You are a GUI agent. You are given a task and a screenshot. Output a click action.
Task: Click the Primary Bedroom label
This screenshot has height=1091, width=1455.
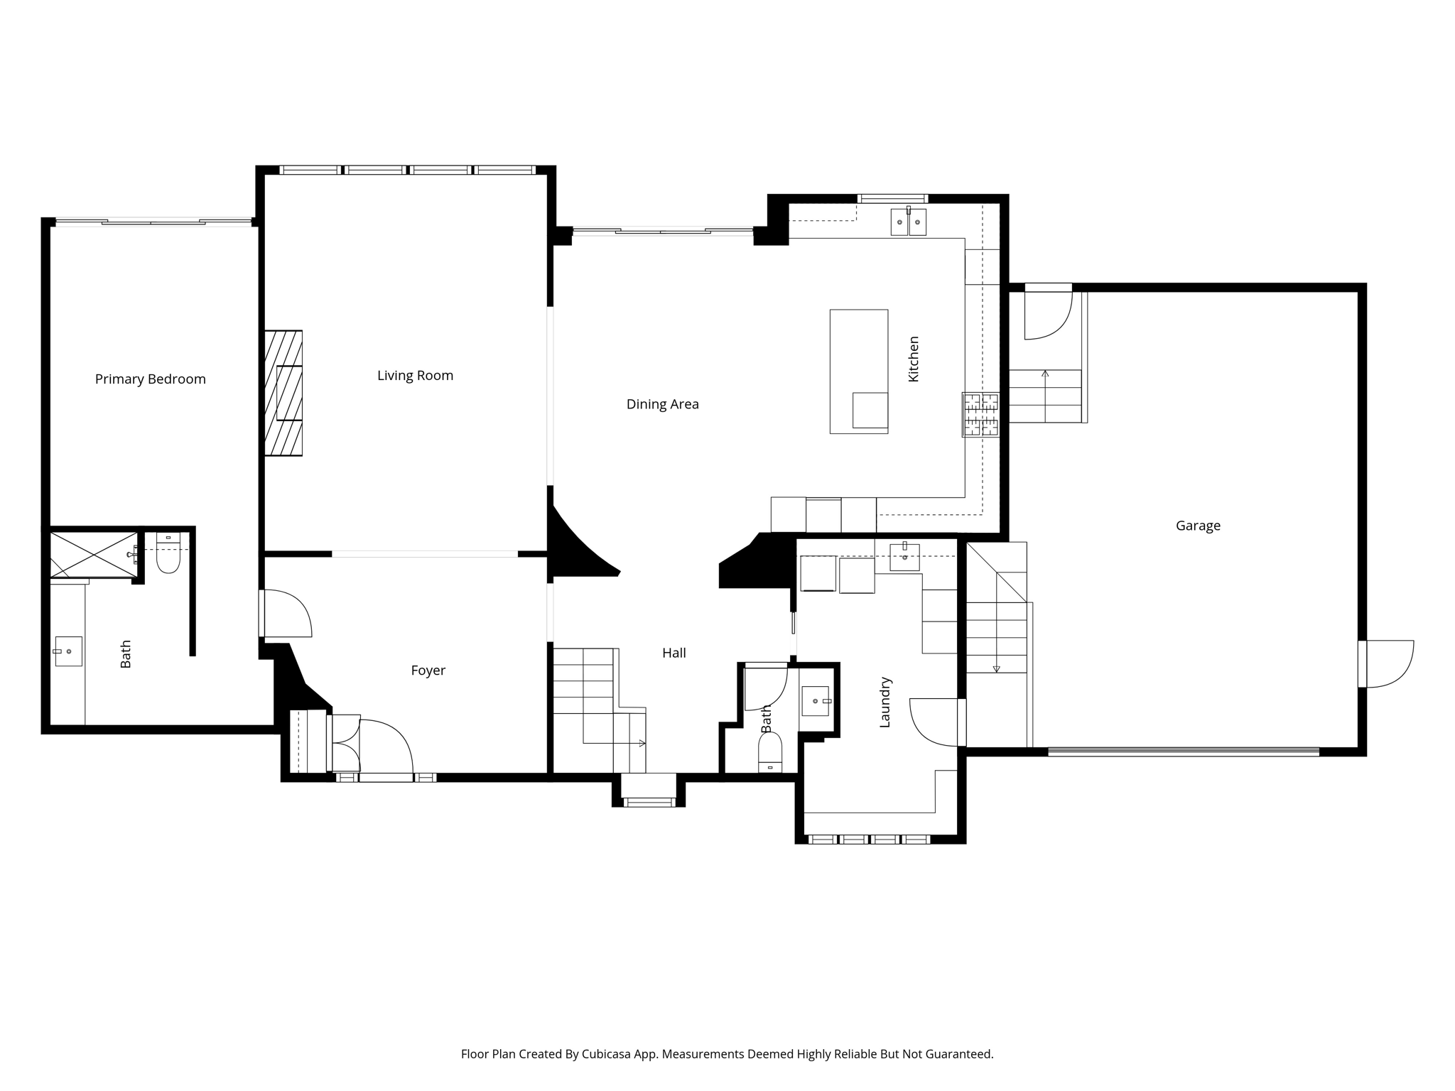(151, 379)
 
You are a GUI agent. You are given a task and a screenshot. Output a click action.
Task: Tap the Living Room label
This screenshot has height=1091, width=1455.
(415, 376)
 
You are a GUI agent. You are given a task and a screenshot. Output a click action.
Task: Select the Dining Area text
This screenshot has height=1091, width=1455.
(662, 404)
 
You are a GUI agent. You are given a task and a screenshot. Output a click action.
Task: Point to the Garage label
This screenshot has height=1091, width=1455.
(1198, 526)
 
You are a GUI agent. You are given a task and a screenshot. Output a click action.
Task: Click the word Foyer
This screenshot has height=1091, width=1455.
(428, 671)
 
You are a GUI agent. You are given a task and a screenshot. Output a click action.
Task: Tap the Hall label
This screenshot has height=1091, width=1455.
(674, 653)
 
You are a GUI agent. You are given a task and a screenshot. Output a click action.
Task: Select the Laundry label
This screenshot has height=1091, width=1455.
(885, 702)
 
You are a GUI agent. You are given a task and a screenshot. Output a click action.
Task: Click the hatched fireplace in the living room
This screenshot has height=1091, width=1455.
(283, 393)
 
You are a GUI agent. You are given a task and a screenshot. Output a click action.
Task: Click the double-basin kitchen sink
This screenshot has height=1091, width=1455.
(908, 222)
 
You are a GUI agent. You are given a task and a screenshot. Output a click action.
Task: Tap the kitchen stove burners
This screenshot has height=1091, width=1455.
(980, 415)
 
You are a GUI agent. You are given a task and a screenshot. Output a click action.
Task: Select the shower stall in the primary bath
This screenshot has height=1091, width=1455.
(94, 554)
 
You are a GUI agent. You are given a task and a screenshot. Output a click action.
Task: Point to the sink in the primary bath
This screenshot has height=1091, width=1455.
(69, 651)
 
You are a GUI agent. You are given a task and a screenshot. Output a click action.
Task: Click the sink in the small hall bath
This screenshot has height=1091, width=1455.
(815, 701)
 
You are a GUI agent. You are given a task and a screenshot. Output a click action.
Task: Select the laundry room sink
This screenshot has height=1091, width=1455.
(904, 557)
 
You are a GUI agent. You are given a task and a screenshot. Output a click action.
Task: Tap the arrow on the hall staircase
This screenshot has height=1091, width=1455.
(642, 744)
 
